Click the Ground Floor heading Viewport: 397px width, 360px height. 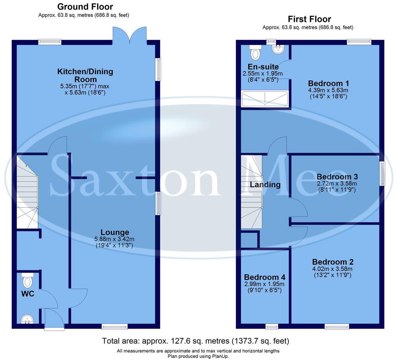(x=85, y=6)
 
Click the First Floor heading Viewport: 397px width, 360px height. (x=309, y=19)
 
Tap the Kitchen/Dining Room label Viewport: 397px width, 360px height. (x=85, y=75)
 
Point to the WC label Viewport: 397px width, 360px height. (x=28, y=294)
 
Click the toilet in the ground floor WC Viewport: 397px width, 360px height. (x=28, y=280)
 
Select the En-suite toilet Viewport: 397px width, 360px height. (x=255, y=52)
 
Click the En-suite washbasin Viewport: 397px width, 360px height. (x=278, y=50)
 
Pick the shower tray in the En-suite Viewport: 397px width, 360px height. (x=265, y=99)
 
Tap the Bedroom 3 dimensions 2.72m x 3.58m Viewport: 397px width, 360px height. (x=337, y=184)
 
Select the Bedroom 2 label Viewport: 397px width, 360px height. (x=332, y=262)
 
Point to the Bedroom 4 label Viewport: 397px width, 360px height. (x=264, y=277)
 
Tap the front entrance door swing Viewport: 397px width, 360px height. (x=54, y=319)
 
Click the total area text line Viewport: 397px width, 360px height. (x=195, y=341)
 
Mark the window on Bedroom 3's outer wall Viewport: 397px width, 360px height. (x=382, y=173)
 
